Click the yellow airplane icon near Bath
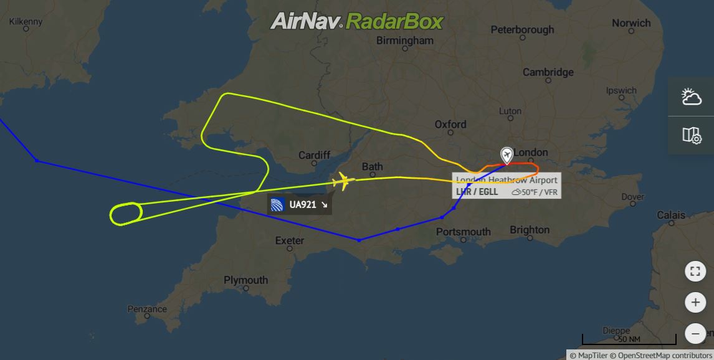[342, 182]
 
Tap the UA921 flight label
[303, 204]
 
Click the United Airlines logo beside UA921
[278, 204]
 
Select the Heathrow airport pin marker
[507, 155]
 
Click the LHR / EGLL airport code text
[477, 192]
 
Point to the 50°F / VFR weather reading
[535, 192]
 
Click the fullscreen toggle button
[695, 272]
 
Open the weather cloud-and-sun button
[692, 97]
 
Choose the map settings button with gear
[692, 135]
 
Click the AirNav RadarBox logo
[356, 22]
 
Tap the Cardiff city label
[314, 155]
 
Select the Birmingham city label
[405, 40]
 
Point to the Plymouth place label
[245, 280]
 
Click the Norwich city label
[631, 23]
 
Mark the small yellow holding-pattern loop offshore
[126, 213]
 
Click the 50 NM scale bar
[629, 340]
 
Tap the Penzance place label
[147, 309]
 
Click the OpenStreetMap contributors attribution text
[664, 355]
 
